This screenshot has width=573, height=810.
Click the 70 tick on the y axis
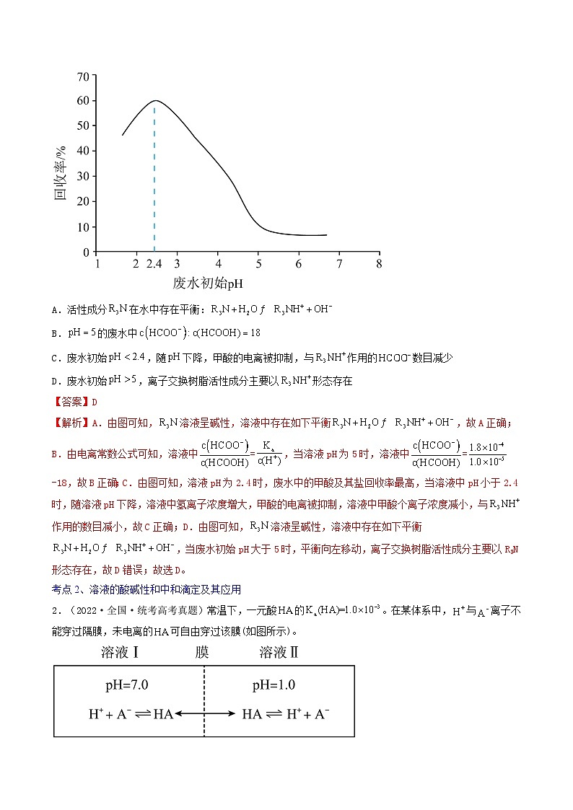tap(83, 76)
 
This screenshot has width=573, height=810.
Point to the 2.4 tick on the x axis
tap(154, 264)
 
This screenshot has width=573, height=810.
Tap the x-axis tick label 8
tap(379, 264)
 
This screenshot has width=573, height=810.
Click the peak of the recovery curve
tap(154, 101)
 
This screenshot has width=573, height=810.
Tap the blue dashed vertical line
tap(154, 180)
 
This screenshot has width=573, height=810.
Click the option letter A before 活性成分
tap(55, 310)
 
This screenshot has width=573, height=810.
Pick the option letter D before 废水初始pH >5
tap(55, 382)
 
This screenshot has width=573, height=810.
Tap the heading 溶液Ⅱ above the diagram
tap(279, 653)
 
